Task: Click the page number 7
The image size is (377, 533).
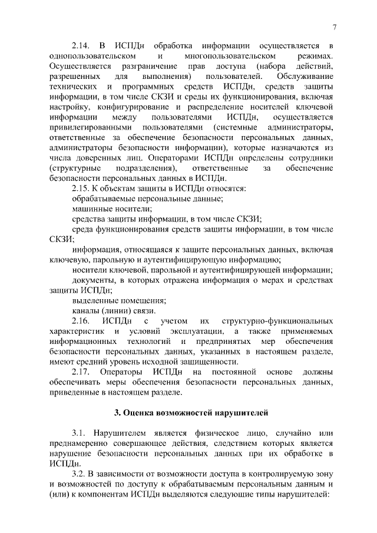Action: point(334,27)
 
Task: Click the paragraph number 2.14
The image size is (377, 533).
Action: point(81,45)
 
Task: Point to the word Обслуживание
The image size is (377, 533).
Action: point(304,77)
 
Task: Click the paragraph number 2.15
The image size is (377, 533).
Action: point(81,188)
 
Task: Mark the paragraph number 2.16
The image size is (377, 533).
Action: point(81,321)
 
